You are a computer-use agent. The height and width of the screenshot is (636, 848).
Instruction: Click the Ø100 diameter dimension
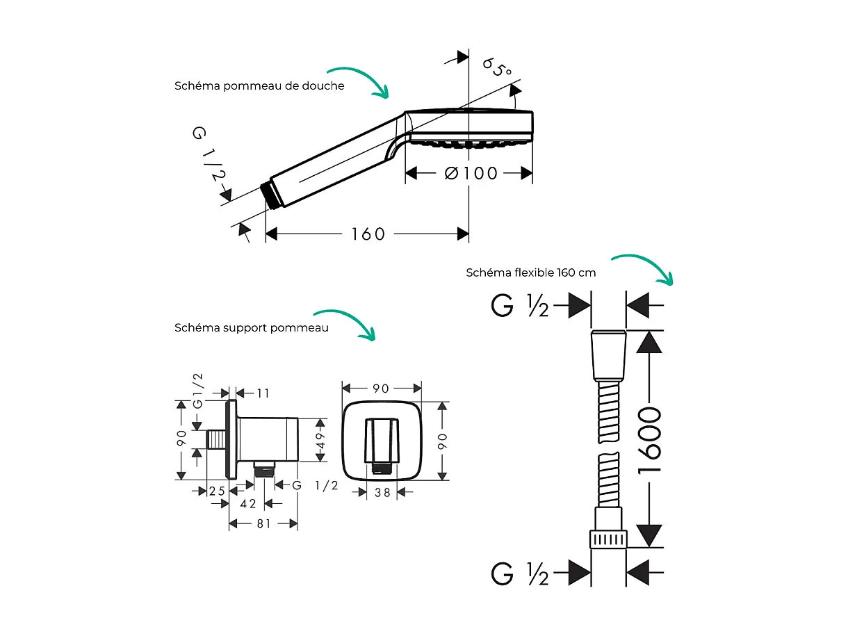point(471,173)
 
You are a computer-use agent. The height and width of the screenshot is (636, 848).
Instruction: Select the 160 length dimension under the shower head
point(368,234)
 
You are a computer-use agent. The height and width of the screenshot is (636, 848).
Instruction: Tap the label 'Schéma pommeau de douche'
point(259,86)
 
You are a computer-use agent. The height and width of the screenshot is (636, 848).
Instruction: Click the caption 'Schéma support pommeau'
point(252,327)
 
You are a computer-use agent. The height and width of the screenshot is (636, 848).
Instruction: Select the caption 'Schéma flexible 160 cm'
point(531,272)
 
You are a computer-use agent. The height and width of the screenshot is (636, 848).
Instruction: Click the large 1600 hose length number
point(649,440)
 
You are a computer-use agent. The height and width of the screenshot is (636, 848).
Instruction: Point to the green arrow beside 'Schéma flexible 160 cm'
point(645,267)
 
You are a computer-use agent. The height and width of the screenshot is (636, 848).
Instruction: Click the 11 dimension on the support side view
point(263,393)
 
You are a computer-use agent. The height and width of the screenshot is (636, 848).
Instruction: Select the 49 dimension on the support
point(320,440)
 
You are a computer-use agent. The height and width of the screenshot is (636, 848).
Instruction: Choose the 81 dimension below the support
point(263,523)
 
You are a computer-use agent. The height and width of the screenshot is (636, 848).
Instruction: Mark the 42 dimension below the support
point(248,503)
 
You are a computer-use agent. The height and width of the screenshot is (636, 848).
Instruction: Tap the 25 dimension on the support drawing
point(218,491)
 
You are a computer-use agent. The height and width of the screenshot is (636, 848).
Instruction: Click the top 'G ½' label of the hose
point(520,306)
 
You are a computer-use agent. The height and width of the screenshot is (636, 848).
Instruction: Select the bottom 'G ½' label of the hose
point(520,573)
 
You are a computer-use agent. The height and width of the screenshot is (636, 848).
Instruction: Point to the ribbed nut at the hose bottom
point(609,539)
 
